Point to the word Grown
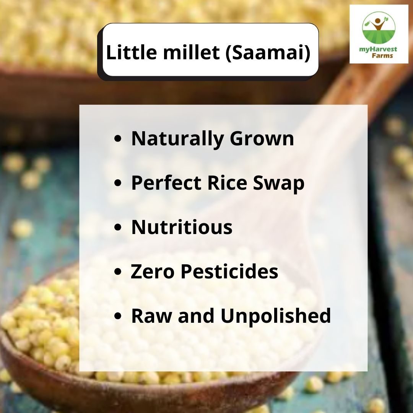coord(262,138)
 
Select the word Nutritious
coord(182,227)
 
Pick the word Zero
coord(153,272)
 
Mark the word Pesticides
coord(229,272)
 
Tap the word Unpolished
coord(276,316)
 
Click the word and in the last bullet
coord(199,316)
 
